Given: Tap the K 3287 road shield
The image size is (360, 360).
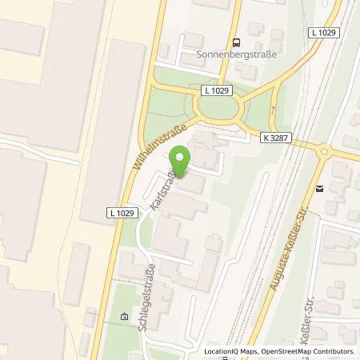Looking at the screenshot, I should [x=274, y=138].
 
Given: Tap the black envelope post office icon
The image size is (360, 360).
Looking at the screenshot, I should [x=319, y=190].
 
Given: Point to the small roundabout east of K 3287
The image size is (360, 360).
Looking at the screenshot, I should [x=325, y=150].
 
